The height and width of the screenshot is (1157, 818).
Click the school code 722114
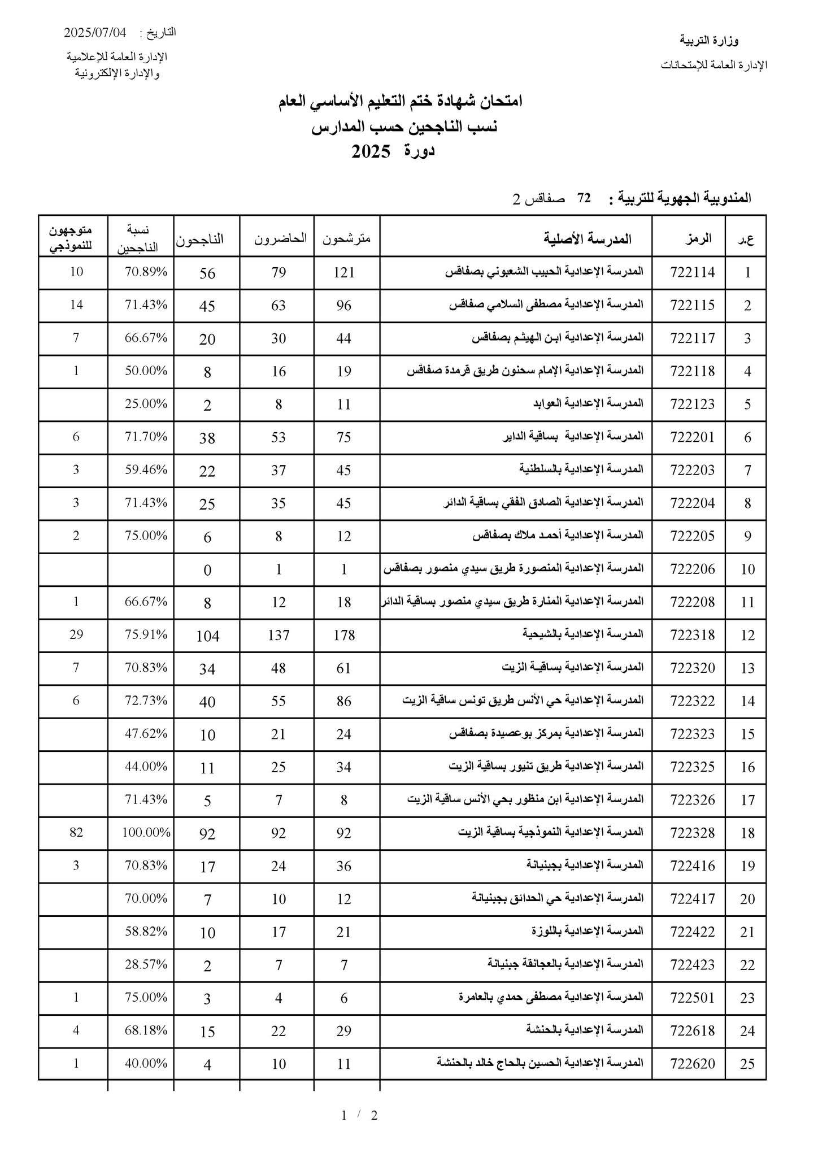click(693, 272)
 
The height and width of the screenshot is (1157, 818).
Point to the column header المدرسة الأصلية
click(588, 238)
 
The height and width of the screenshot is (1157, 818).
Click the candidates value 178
click(344, 635)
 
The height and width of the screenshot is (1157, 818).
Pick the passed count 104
click(207, 636)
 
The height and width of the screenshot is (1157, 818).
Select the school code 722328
click(693, 833)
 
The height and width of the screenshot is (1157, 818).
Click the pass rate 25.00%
click(146, 404)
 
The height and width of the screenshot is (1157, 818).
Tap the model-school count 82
click(76, 832)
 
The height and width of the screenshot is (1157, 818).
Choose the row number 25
click(747, 1064)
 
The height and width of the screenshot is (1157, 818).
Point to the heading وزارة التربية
click(709, 41)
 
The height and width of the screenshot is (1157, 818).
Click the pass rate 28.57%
click(146, 964)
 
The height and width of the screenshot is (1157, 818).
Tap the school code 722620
click(693, 1064)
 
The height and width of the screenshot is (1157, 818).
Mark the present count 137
click(279, 635)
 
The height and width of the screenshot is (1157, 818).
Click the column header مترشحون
click(346, 238)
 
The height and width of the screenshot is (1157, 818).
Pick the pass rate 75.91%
click(146, 634)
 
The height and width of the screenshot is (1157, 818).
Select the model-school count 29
click(76, 634)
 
